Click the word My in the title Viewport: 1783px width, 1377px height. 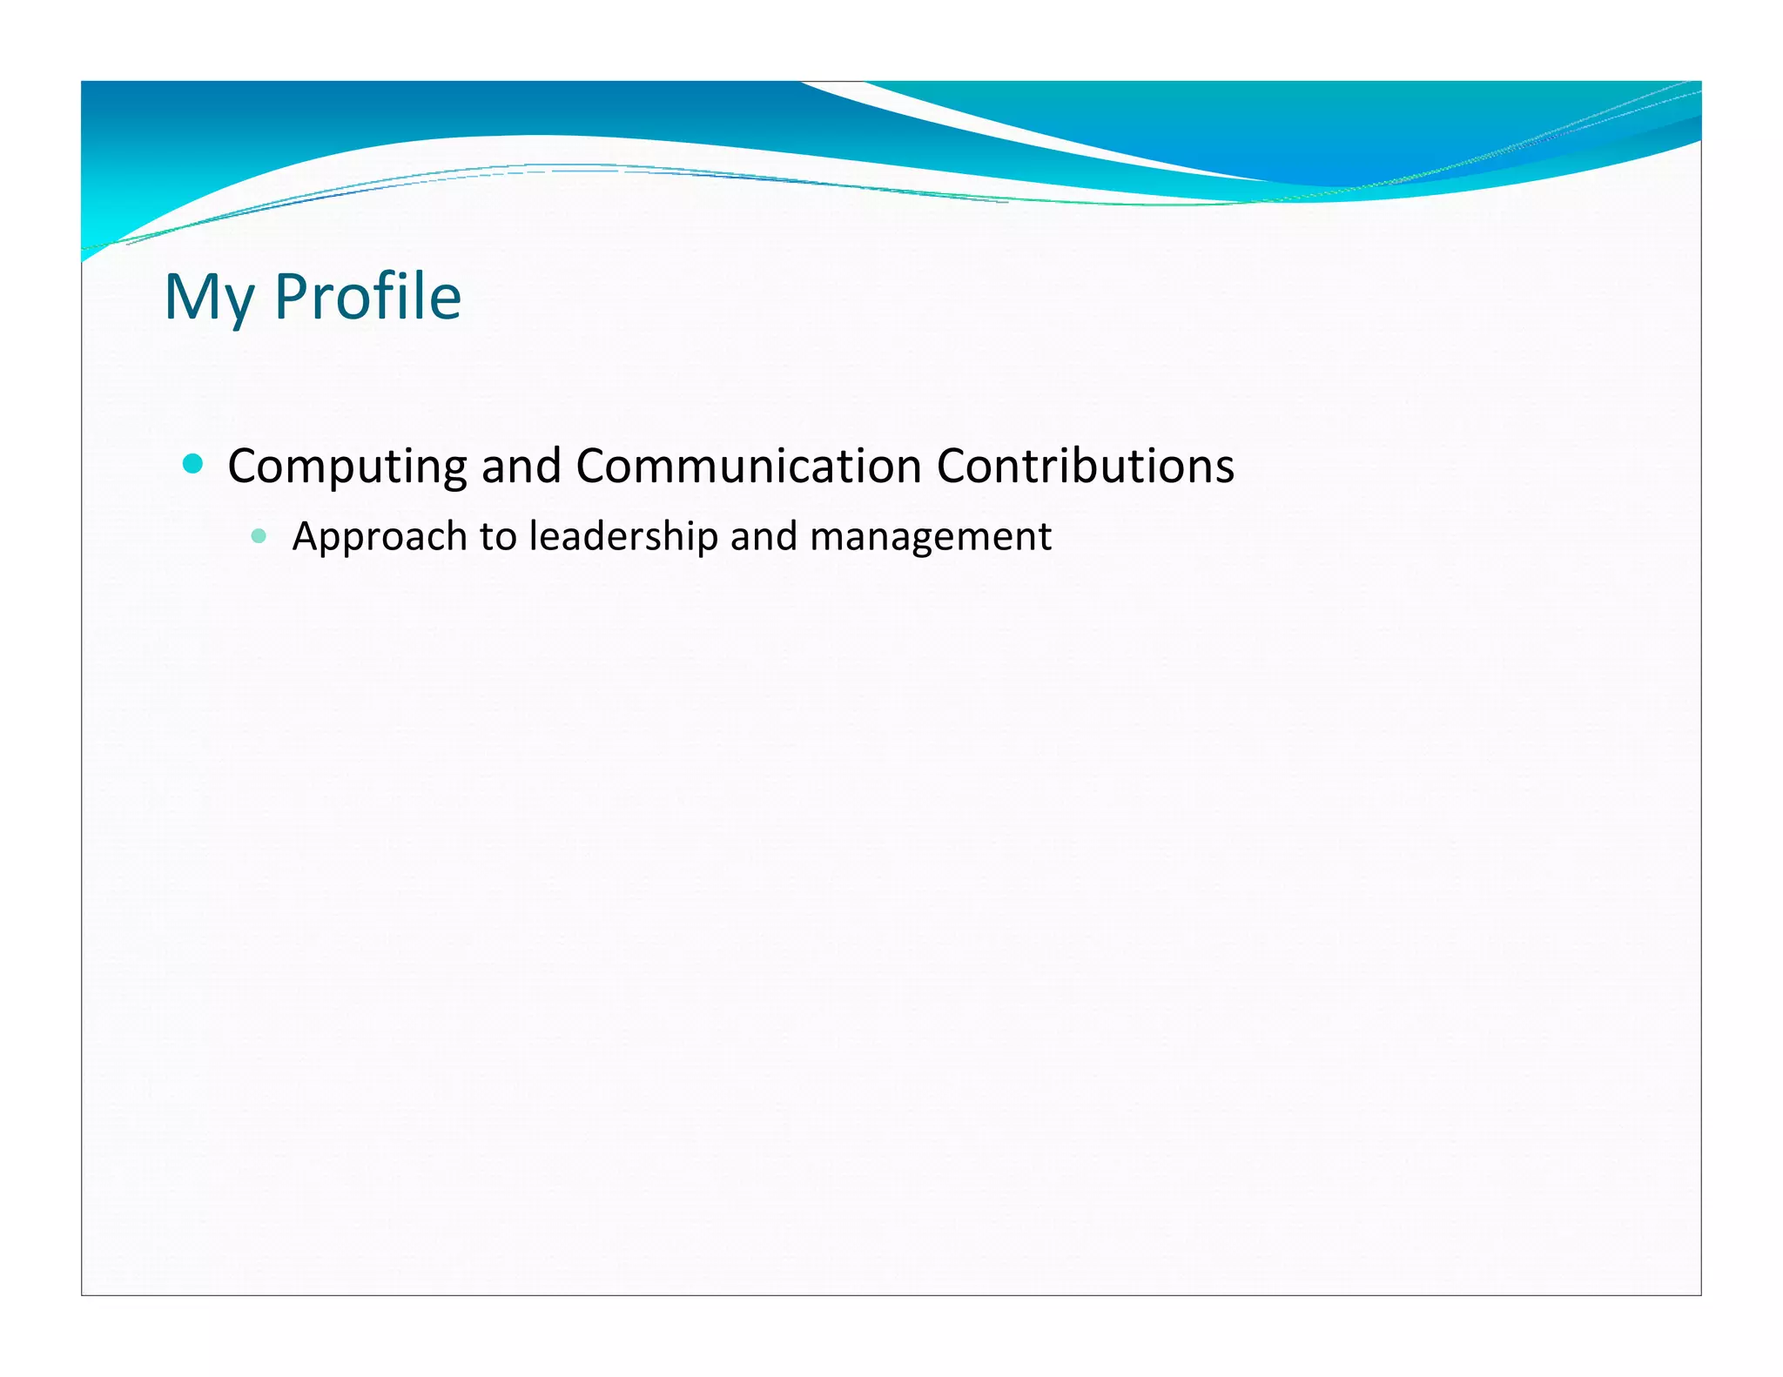click(x=209, y=298)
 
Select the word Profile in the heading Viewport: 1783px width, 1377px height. click(x=367, y=298)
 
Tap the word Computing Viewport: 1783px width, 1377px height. click(x=347, y=467)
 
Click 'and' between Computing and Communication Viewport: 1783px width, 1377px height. click(x=521, y=467)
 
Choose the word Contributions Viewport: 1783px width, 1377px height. click(x=1085, y=467)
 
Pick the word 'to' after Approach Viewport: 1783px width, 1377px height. click(x=498, y=537)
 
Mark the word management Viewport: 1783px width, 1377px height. click(x=930, y=537)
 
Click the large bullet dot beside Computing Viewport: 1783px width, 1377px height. click(x=193, y=464)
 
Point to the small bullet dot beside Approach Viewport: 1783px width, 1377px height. click(x=259, y=536)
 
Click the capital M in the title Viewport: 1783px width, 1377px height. click(x=189, y=298)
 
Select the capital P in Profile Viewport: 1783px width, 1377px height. click(x=292, y=298)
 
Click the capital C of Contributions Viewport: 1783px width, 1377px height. click(x=952, y=467)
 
